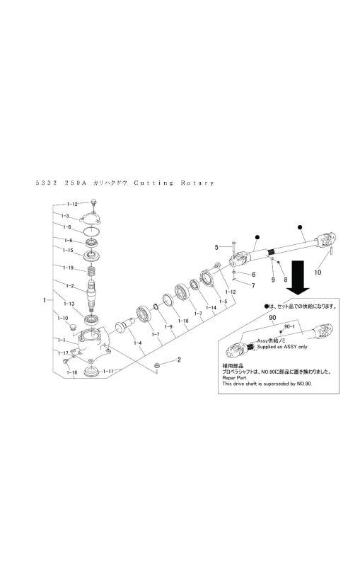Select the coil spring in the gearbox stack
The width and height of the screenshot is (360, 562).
(91, 270)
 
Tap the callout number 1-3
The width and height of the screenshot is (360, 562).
(64, 215)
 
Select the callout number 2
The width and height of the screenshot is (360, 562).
(179, 360)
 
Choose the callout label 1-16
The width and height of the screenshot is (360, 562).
(183, 321)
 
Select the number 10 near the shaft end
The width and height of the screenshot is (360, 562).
(318, 271)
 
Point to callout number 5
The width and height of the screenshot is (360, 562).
(218, 247)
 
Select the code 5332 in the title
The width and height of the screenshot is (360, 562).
(47, 183)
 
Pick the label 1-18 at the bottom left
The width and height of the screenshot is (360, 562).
(71, 372)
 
